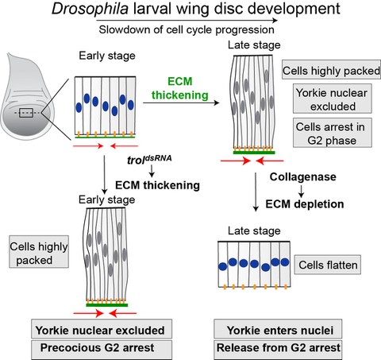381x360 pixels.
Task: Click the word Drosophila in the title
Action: pos(87,10)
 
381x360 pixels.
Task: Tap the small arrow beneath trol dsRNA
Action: pos(152,175)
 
